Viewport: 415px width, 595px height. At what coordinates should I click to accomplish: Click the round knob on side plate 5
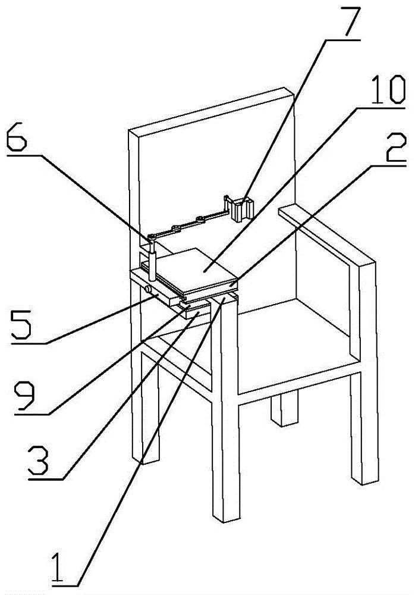click(x=147, y=289)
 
